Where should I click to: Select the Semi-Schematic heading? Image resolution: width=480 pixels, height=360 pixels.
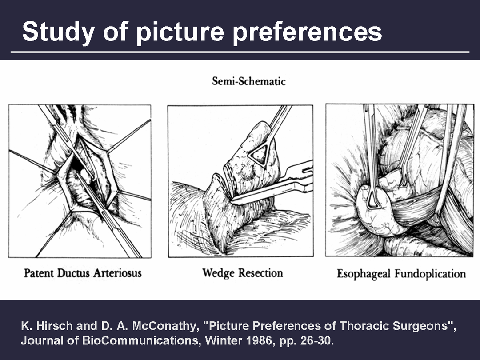(x=249, y=81)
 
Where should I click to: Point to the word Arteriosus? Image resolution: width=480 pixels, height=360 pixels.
(x=117, y=273)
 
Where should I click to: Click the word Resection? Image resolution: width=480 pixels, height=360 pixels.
(x=261, y=273)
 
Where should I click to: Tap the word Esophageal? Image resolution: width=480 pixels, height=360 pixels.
(x=364, y=274)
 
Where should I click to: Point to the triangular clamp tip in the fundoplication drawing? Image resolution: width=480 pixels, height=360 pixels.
(x=372, y=199)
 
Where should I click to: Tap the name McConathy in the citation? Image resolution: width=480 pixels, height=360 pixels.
(x=164, y=326)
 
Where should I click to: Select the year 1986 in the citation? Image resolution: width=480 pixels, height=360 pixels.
(x=260, y=340)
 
